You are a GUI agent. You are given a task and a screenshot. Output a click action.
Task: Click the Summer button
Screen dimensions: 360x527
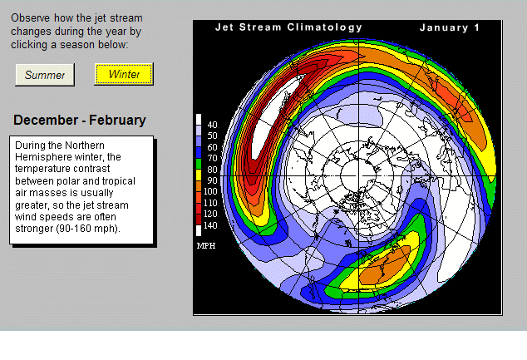click(x=45, y=75)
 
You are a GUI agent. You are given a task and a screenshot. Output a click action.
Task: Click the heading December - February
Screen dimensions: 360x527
click(x=80, y=121)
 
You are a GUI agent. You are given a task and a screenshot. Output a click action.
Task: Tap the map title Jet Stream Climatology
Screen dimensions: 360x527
click(x=288, y=27)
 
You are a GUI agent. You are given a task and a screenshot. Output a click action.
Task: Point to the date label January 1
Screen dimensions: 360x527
click(x=450, y=27)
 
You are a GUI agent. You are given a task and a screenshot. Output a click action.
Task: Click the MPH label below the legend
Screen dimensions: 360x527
click(x=206, y=246)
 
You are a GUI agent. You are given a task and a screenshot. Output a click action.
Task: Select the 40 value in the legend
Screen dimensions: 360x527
click(x=211, y=125)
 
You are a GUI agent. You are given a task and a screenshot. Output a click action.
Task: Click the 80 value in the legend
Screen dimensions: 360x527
click(x=211, y=169)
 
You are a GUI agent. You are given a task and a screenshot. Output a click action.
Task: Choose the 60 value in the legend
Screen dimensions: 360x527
click(x=211, y=146)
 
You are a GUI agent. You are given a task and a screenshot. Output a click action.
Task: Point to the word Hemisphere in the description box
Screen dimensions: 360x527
click(x=45, y=157)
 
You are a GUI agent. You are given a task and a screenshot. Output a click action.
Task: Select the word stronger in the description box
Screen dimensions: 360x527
click(x=36, y=229)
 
